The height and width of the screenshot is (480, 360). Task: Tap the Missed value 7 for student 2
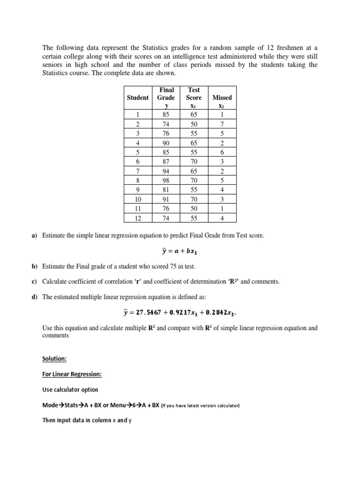[x=222, y=124]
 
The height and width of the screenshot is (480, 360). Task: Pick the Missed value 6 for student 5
[x=222, y=152]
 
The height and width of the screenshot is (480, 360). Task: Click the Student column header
[x=138, y=97]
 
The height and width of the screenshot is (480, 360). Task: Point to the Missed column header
[x=222, y=97]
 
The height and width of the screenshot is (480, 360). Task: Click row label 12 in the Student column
[x=138, y=218]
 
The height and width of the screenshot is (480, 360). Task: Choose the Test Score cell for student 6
[x=194, y=162]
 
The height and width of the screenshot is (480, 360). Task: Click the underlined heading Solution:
[x=54, y=359]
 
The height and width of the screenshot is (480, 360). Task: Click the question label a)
[x=34, y=236]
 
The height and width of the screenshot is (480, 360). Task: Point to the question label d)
[x=34, y=297]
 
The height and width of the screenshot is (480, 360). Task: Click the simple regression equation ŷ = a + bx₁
[x=180, y=251]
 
